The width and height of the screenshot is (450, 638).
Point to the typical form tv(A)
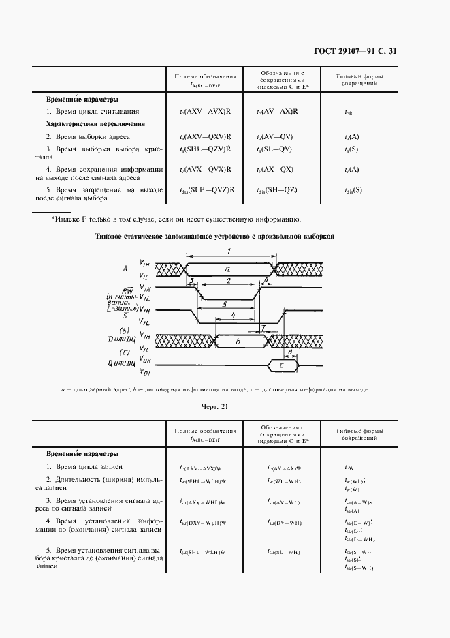(353, 169)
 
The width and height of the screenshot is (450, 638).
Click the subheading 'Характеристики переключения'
(95, 124)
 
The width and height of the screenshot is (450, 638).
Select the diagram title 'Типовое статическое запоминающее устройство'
(214, 237)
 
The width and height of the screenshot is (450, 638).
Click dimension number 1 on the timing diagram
(229, 253)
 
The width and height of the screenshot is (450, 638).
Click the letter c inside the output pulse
(282, 366)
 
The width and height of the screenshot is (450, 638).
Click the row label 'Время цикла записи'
(84, 467)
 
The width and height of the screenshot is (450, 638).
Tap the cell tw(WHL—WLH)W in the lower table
(202, 482)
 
